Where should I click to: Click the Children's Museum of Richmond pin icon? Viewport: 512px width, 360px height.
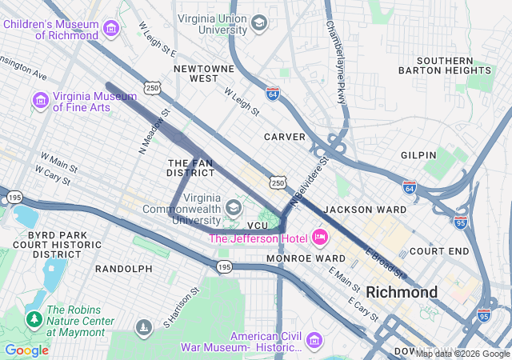pos(111,29)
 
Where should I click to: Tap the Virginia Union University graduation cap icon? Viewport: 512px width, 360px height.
pos(258,23)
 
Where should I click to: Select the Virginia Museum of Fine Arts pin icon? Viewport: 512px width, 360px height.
pos(38,101)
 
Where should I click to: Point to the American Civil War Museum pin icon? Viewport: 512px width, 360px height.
pos(313,342)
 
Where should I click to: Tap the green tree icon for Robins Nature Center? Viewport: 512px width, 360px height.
pos(34,320)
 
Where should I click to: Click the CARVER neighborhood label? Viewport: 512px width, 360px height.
pos(285,137)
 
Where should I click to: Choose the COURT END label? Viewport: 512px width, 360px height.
pos(438,250)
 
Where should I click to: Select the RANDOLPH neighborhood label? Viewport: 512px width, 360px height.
pos(123,269)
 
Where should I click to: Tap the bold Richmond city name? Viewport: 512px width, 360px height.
pos(402,291)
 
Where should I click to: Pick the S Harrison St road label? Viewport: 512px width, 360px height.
pos(178,308)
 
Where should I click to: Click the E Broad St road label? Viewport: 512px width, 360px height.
pos(386,265)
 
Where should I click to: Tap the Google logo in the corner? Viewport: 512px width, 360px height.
pos(26,350)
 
